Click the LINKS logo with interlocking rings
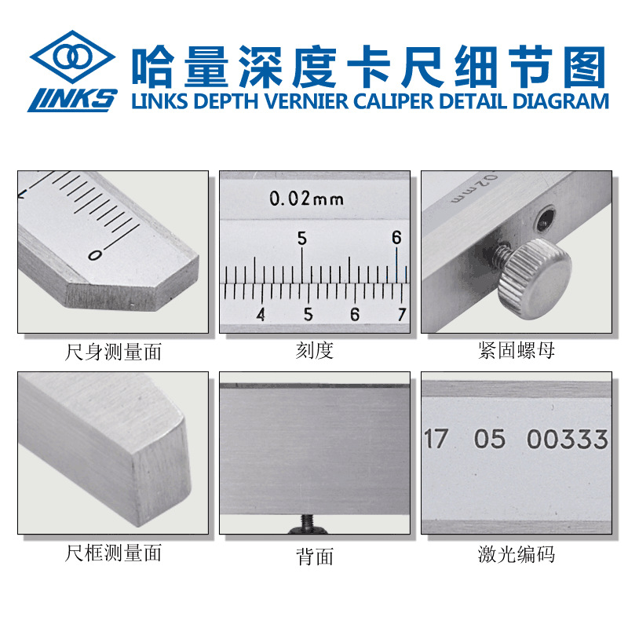[71, 71]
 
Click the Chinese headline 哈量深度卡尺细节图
[368, 65]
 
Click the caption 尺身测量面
[113, 351]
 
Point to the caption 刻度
[314, 351]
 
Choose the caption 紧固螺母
[516, 351]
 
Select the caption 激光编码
[516, 554]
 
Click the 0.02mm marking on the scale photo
[306, 199]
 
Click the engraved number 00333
[567, 439]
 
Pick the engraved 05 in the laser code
[489, 439]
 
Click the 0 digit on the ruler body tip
[95, 254]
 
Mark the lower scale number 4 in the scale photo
[261, 314]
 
